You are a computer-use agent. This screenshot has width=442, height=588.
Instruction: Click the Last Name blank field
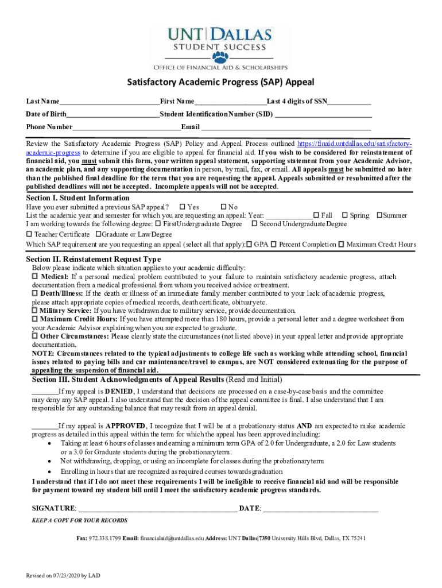[x=108, y=102]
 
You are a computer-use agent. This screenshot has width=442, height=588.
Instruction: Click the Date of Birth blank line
[x=113, y=114]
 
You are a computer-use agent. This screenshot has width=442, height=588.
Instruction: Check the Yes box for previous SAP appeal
[x=183, y=207]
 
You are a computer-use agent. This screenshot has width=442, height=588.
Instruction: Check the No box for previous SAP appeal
[x=223, y=207]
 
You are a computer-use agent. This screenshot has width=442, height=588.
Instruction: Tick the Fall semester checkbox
[x=316, y=215]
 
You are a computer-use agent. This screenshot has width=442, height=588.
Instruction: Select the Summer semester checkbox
[x=379, y=215]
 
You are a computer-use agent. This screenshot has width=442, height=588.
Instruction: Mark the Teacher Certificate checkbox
[x=29, y=234]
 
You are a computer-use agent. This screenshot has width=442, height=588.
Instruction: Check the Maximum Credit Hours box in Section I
[x=342, y=245]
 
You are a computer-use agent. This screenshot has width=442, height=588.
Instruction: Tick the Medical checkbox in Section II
[x=34, y=277]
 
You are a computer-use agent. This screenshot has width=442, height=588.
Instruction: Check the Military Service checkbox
[x=34, y=310]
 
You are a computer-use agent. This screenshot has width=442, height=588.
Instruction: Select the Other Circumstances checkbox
[x=34, y=336]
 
